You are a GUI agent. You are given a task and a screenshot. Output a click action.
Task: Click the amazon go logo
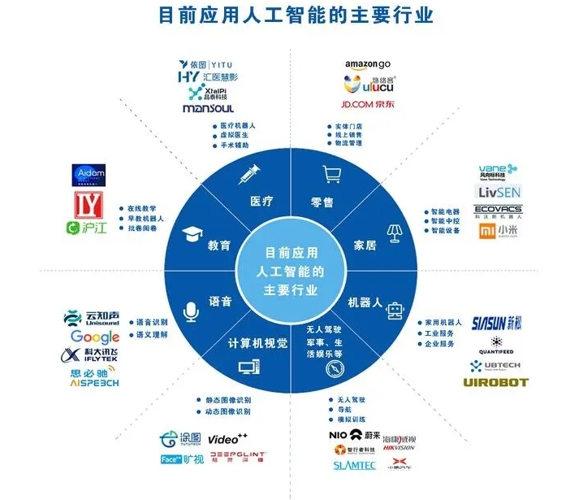coord(368,63)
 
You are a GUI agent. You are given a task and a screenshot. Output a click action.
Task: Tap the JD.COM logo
coord(368,104)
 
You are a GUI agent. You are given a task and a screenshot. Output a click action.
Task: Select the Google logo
coord(94,337)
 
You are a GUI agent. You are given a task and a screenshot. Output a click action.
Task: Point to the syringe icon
coord(248,173)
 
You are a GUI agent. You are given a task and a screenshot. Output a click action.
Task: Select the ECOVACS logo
coord(498,211)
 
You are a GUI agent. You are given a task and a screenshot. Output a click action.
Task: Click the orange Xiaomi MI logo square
coord(486,231)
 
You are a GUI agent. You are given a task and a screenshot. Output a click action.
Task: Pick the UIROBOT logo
coord(495,382)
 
